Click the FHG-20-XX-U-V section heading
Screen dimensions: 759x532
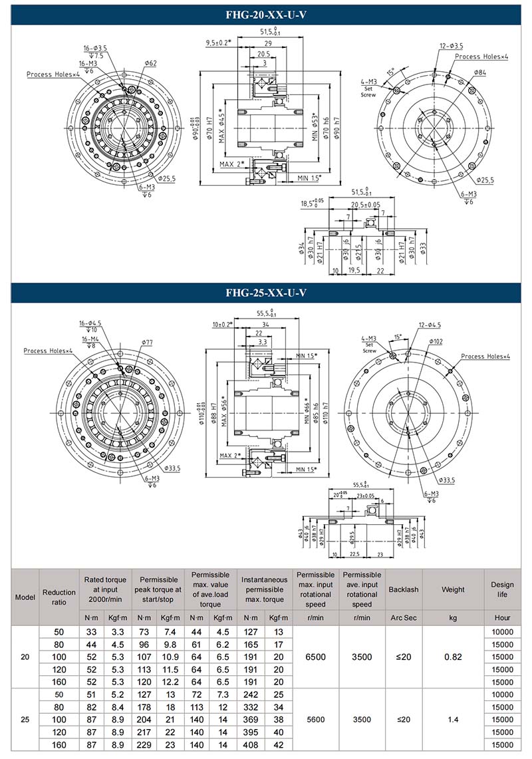(266, 15)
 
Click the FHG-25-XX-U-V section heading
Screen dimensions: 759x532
(266, 293)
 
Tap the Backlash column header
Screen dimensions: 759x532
(403, 589)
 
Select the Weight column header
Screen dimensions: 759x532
(453, 589)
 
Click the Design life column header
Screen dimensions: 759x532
(502, 589)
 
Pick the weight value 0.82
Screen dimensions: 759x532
(453, 657)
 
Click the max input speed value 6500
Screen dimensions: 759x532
(316, 657)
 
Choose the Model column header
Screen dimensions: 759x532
(25, 597)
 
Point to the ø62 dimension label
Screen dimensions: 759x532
(150, 63)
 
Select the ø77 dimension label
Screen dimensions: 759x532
(147, 342)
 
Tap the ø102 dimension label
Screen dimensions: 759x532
(436, 341)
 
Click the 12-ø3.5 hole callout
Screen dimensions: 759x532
(451, 46)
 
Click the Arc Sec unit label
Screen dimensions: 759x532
(403, 618)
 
